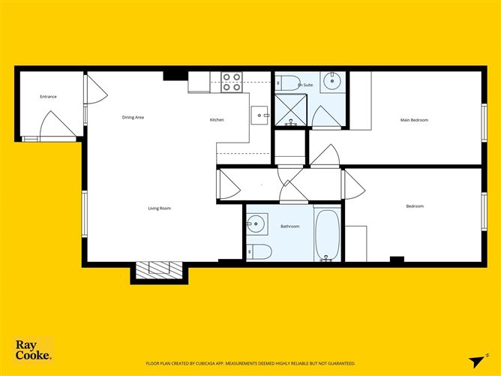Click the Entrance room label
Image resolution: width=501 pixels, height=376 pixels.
click(x=48, y=97)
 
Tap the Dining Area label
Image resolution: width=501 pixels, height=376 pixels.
click(x=133, y=117)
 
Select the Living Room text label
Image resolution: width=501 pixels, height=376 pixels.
click(x=159, y=208)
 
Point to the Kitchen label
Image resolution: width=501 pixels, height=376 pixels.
click(x=216, y=120)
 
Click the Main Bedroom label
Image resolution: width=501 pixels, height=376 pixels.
click(x=414, y=119)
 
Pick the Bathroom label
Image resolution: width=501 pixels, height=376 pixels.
click(x=289, y=226)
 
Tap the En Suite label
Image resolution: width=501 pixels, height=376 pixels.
click(x=305, y=86)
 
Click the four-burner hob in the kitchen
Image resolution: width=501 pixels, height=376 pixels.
click(x=232, y=82)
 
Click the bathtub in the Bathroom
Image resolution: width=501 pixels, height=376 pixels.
click(x=326, y=234)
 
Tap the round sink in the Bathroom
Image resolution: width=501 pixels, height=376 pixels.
click(x=256, y=223)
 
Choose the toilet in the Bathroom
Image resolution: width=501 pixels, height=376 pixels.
click(x=257, y=251)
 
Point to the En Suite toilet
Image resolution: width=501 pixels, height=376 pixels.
click(x=290, y=81)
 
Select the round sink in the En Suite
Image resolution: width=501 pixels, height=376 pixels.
click(x=331, y=80)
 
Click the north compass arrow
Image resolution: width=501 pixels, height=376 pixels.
click(x=474, y=361)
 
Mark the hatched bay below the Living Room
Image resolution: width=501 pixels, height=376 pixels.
click(x=158, y=269)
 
